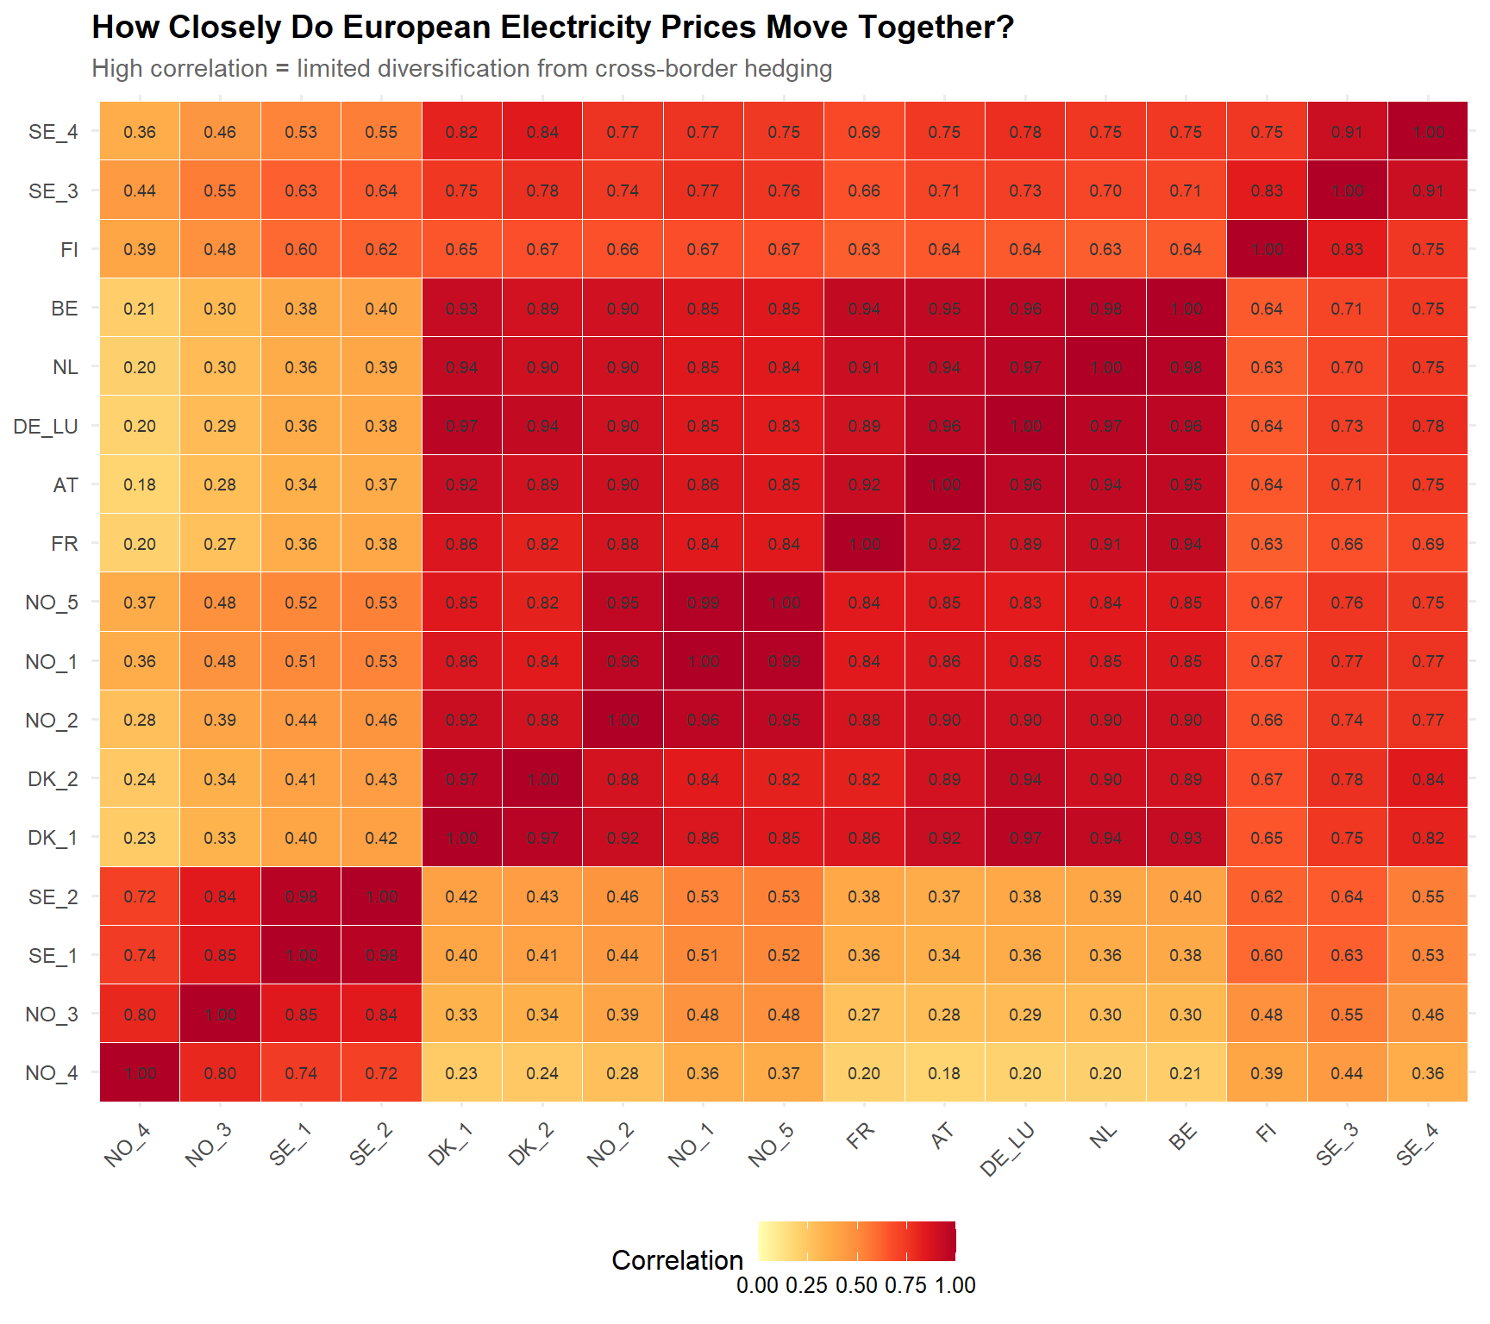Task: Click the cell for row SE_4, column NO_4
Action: pyautogui.click(x=140, y=132)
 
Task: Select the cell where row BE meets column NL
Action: pyautogui.click(x=1105, y=309)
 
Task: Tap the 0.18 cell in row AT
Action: pyautogui.click(x=140, y=484)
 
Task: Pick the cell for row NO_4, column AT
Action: pyautogui.click(x=944, y=1073)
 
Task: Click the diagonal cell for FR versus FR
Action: pyautogui.click(x=864, y=544)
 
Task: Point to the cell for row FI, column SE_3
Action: pyautogui.click(x=1347, y=249)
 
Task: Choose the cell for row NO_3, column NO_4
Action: pyautogui.click(x=140, y=1015)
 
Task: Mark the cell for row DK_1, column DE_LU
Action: pyautogui.click(x=1025, y=838)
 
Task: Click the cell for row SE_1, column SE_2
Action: pyautogui.click(x=381, y=955)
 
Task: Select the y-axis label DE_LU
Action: pyautogui.click(x=46, y=427)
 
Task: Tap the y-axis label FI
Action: pyautogui.click(x=69, y=250)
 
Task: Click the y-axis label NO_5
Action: pyautogui.click(x=52, y=603)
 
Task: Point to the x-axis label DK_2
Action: pyautogui.click(x=531, y=1145)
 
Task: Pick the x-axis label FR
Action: pyautogui.click(x=860, y=1136)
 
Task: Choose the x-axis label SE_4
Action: pyautogui.click(x=1418, y=1145)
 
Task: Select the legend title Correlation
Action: pyautogui.click(x=677, y=1260)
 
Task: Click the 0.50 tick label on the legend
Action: pyautogui.click(x=856, y=1285)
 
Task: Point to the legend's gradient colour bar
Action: pyautogui.click(x=856, y=1241)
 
